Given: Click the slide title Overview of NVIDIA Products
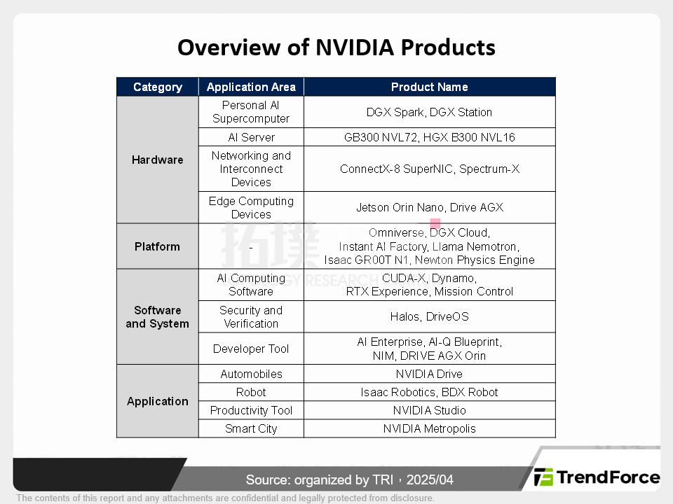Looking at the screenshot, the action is coord(336,47).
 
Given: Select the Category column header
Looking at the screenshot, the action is coord(158,87).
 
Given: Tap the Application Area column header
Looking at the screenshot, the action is coord(251,87).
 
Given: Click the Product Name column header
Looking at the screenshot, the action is coord(429,87).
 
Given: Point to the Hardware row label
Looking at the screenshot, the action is coord(158,160).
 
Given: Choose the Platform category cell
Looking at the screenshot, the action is coord(158,246).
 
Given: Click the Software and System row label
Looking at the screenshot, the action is coord(158,316).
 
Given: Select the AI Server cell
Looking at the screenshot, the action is coord(251,137).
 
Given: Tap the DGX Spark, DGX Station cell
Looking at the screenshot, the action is coord(429,112).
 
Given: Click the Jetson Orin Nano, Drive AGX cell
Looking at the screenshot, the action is coord(430,207).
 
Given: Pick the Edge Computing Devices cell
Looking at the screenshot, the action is coord(251,207).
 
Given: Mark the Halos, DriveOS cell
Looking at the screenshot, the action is coord(429,316).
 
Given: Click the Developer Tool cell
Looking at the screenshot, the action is coord(251,349).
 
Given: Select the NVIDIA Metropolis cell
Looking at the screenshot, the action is coord(429,428).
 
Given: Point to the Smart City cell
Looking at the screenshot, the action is coord(251,428).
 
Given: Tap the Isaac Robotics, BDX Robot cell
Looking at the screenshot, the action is coord(429,392).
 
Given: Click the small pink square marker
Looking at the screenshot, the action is coord(435,223).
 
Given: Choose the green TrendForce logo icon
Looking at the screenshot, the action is coord(543,477).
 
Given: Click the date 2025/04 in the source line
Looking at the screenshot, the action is coord(430,479).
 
